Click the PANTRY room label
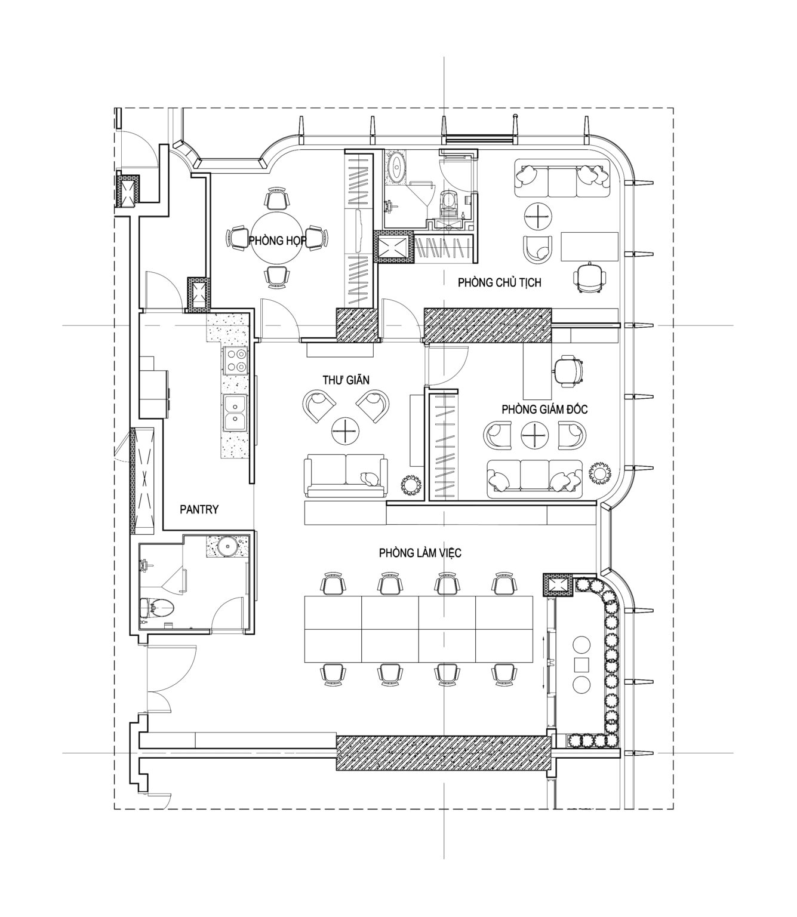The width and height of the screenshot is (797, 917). coord(199,509)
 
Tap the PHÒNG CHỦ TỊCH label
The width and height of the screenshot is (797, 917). coord(500,282)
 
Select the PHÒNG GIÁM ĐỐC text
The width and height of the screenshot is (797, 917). coord(544,409)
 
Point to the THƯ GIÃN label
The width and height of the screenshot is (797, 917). coord(346,380)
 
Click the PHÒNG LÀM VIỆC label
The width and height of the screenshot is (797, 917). coord(420,553)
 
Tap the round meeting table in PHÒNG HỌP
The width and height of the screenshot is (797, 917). coord(278,240)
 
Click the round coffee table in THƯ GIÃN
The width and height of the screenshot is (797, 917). coord(346,431)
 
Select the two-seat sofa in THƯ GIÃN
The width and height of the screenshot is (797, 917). coord(345,476)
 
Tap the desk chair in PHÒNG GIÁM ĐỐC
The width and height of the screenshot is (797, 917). coord(568,370)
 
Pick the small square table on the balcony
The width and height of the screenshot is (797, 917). coord(581,664)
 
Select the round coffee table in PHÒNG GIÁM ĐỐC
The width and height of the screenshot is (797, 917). coord(534,435)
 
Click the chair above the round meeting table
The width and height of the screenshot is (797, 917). coord(278,198)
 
